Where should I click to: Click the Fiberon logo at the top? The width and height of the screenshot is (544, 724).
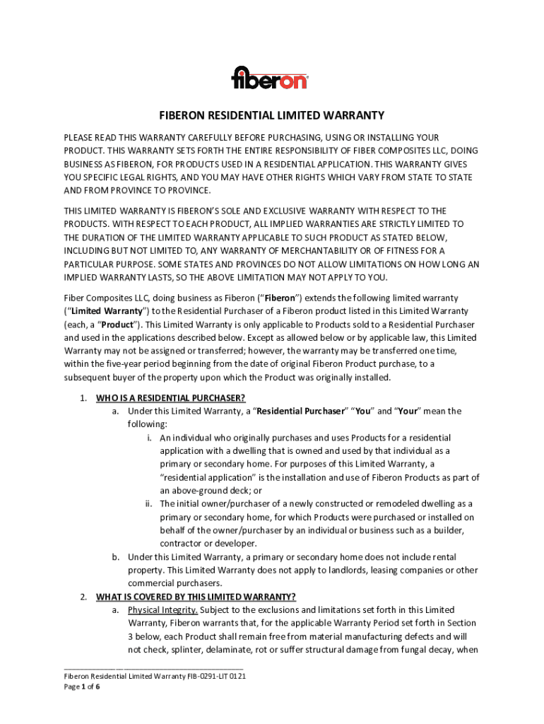click(x=271, y=78)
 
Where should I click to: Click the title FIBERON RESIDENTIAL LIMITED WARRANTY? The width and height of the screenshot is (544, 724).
click(x=271, y=115)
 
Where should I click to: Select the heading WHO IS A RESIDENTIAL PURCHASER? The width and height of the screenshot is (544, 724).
click(x=170, y=398)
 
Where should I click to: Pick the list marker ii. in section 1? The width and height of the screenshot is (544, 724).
click(x=148, y=504)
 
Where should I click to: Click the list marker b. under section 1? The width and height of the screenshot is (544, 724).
click(x=115, y=557)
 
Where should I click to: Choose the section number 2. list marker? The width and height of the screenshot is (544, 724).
click(x=83, y=596)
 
